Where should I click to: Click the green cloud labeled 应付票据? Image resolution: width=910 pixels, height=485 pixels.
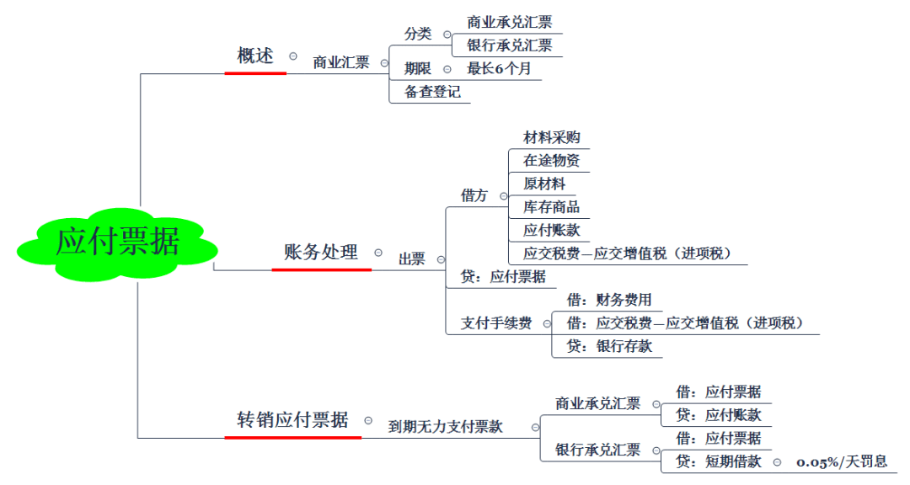click(117, 242)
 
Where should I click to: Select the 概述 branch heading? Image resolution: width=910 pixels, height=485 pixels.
click(255, 56)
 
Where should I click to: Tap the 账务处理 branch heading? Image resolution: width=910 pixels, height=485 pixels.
click(321, 252)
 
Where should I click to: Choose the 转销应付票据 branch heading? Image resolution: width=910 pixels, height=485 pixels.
click(292, 419)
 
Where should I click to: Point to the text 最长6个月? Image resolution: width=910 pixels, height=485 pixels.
click(499, 69)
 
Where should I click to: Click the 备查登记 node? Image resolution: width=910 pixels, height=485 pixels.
click(432, 92)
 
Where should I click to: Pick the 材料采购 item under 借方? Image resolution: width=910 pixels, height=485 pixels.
click(551, 137)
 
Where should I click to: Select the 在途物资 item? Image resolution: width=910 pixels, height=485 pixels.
click(551, 160)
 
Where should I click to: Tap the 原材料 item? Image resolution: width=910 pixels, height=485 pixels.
click(544, 184)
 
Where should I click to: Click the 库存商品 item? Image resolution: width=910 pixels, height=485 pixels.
click(551, 206)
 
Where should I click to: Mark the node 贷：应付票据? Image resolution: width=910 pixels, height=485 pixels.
click(503, 276)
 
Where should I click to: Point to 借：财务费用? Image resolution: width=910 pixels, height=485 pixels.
click(609, 300)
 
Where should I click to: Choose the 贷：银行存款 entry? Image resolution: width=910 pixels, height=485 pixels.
click(609, 346)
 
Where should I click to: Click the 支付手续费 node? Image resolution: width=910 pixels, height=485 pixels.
click(496, 322)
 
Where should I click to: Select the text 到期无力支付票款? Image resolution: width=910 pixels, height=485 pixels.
click(445, 427)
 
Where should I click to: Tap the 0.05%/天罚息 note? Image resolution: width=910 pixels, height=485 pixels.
click(842, 461)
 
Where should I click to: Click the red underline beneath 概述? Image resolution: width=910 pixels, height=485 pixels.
click(255, 73)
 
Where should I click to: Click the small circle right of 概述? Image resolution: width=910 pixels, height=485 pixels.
click(293, 56)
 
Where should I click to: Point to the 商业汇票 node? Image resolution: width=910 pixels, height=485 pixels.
click(341, 62)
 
